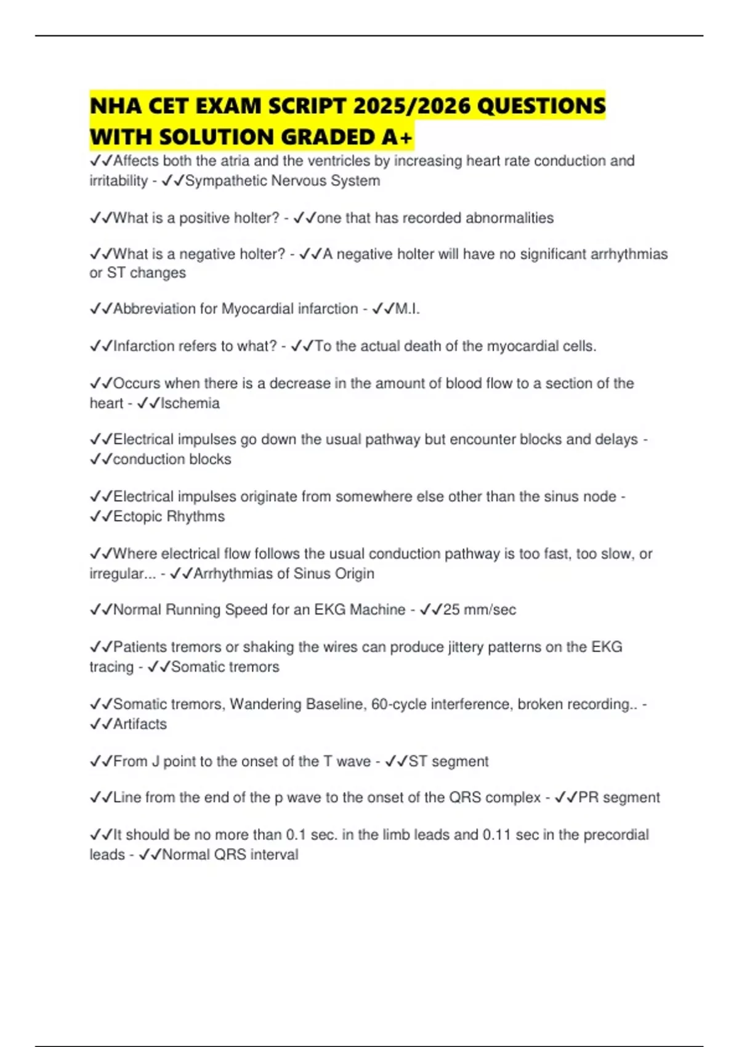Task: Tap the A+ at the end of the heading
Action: tap(397, 137)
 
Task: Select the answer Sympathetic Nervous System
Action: tap(282, 181)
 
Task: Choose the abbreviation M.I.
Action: tap(407, 309)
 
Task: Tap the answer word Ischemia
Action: tap(190, 403)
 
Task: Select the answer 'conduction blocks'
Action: tap(172, 459)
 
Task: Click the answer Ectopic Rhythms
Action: tap(169, 516)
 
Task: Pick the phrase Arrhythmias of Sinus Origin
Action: tap(284, 573)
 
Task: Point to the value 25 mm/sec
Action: tap(479, 610)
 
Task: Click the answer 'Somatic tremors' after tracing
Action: tap(225, 667)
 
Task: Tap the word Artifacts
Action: tap(140, 724)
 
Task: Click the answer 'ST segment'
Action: tap(448, 761)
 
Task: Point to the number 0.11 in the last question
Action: tap(496, 835)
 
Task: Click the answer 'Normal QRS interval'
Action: tap(230, 855)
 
